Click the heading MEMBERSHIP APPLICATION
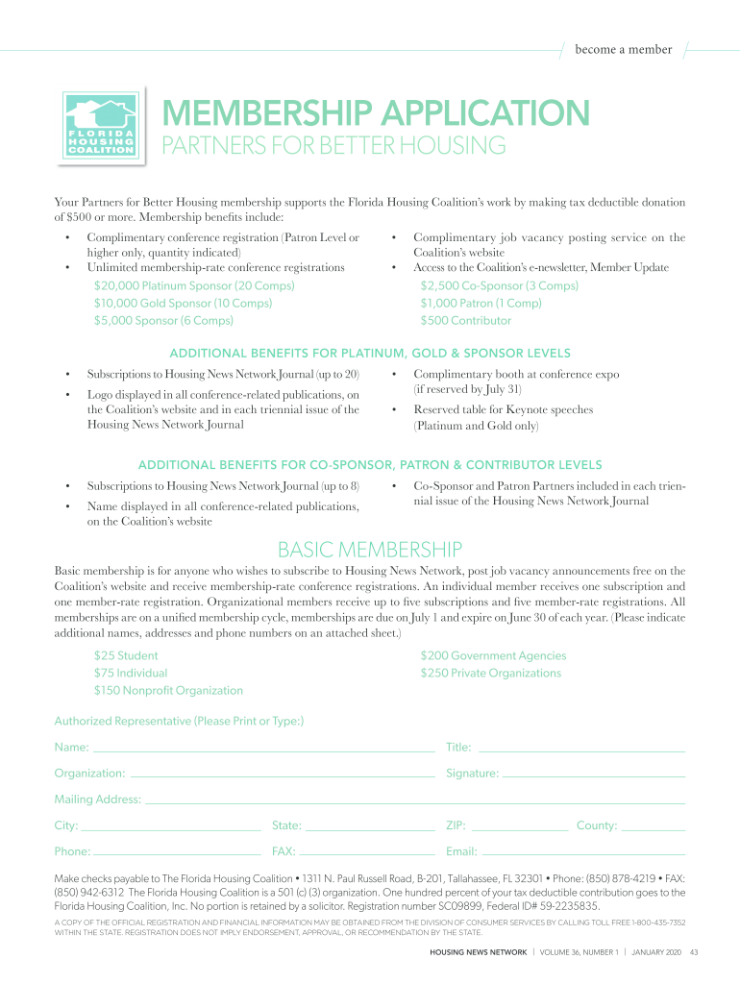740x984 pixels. point(375,113)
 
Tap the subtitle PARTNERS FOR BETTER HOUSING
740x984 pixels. point(333,146)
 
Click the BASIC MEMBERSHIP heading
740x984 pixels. point(370,550)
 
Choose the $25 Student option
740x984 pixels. point(126,655)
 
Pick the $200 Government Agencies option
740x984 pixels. point(493,655)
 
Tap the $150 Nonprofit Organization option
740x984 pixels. point(168,690)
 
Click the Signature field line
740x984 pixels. point(594,775)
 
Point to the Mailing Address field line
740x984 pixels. point(414,801)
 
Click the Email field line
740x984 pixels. point(582,853)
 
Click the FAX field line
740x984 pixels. point(366,853)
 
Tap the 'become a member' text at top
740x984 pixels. point(624,50)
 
